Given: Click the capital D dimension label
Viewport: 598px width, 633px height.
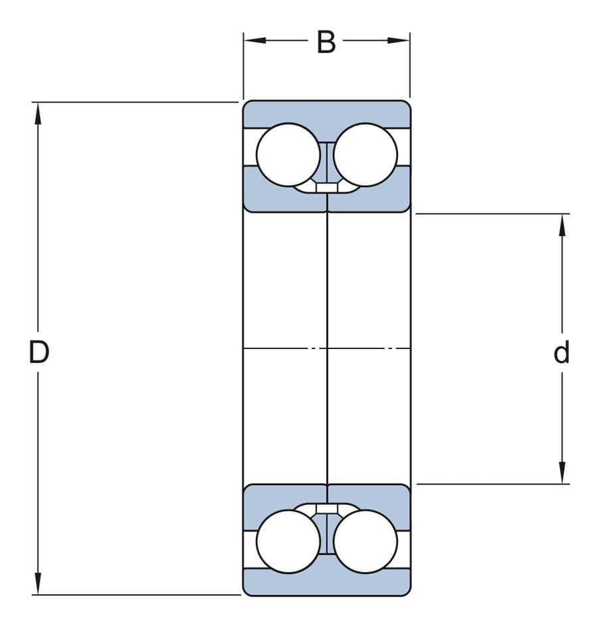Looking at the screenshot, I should [x=39, y=352].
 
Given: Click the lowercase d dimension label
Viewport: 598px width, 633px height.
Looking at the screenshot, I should [x=561, y=353].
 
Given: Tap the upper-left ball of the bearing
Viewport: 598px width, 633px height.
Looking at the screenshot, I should [x=288, y=155].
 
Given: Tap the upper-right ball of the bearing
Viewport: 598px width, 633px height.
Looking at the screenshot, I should [x=365, y=155].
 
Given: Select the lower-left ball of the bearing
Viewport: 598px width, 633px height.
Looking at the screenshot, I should [x=288, y=541].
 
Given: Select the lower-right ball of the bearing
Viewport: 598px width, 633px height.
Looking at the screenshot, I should [x=365, y=541].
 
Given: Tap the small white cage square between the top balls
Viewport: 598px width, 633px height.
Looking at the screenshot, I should [x=326, y=188].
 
